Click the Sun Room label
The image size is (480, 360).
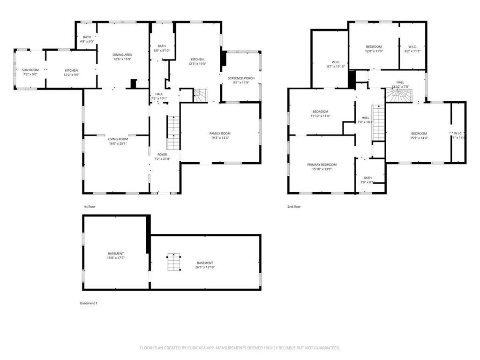point(30,70)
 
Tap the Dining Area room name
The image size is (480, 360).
point(121,55)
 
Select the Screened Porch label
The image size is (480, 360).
point(240,78)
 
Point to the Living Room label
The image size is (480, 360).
point(118,139)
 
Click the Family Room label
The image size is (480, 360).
point(220,134)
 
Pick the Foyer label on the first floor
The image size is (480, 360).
point(162,154)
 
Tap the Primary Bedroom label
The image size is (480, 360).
point(322,165)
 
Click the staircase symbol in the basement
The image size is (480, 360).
point(174,262)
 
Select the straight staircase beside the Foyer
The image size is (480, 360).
point(173,133)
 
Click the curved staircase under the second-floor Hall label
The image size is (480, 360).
point(399,97)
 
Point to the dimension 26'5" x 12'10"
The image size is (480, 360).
point(205,267)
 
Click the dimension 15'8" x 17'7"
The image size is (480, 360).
point(116,258)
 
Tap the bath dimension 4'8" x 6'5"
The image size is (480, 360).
point(87,42)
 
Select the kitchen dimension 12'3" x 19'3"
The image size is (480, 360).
point(197,64)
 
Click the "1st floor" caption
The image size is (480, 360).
point(90,206)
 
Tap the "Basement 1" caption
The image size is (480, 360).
point(89,303)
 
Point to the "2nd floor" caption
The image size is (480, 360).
point(294,206)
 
